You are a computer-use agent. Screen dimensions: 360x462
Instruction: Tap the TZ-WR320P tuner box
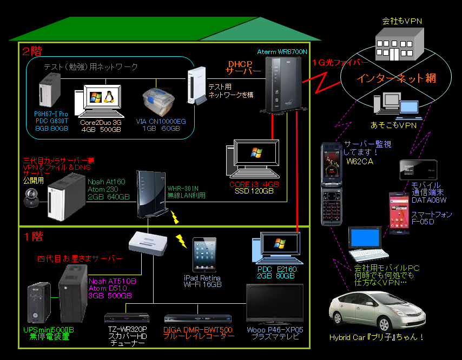point(126,318)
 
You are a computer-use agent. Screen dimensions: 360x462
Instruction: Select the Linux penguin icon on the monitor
point(108,97)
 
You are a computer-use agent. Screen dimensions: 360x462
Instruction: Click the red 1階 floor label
point(32,236)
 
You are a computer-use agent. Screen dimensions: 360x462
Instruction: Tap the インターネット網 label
point(397,78)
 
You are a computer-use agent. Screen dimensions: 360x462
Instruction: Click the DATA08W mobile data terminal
point(417,170)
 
